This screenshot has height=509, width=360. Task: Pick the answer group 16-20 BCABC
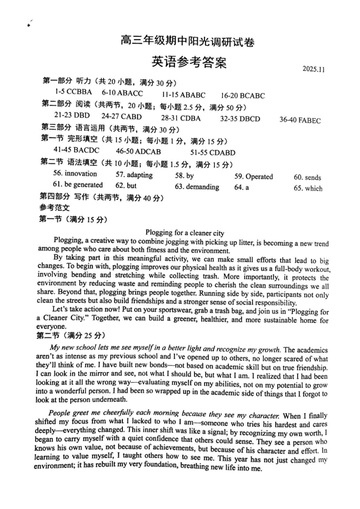243,96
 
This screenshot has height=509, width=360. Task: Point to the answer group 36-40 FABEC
300,121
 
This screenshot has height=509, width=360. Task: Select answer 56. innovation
75,174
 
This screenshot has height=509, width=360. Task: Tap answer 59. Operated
253,176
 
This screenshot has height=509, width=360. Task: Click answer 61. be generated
78,185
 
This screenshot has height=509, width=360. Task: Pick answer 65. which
308,189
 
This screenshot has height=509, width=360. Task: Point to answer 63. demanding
197,187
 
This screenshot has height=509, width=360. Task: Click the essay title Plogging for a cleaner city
185,233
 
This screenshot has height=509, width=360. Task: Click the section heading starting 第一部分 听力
109,82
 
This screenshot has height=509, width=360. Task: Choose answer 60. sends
307,178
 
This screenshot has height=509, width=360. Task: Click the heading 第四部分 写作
102,197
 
